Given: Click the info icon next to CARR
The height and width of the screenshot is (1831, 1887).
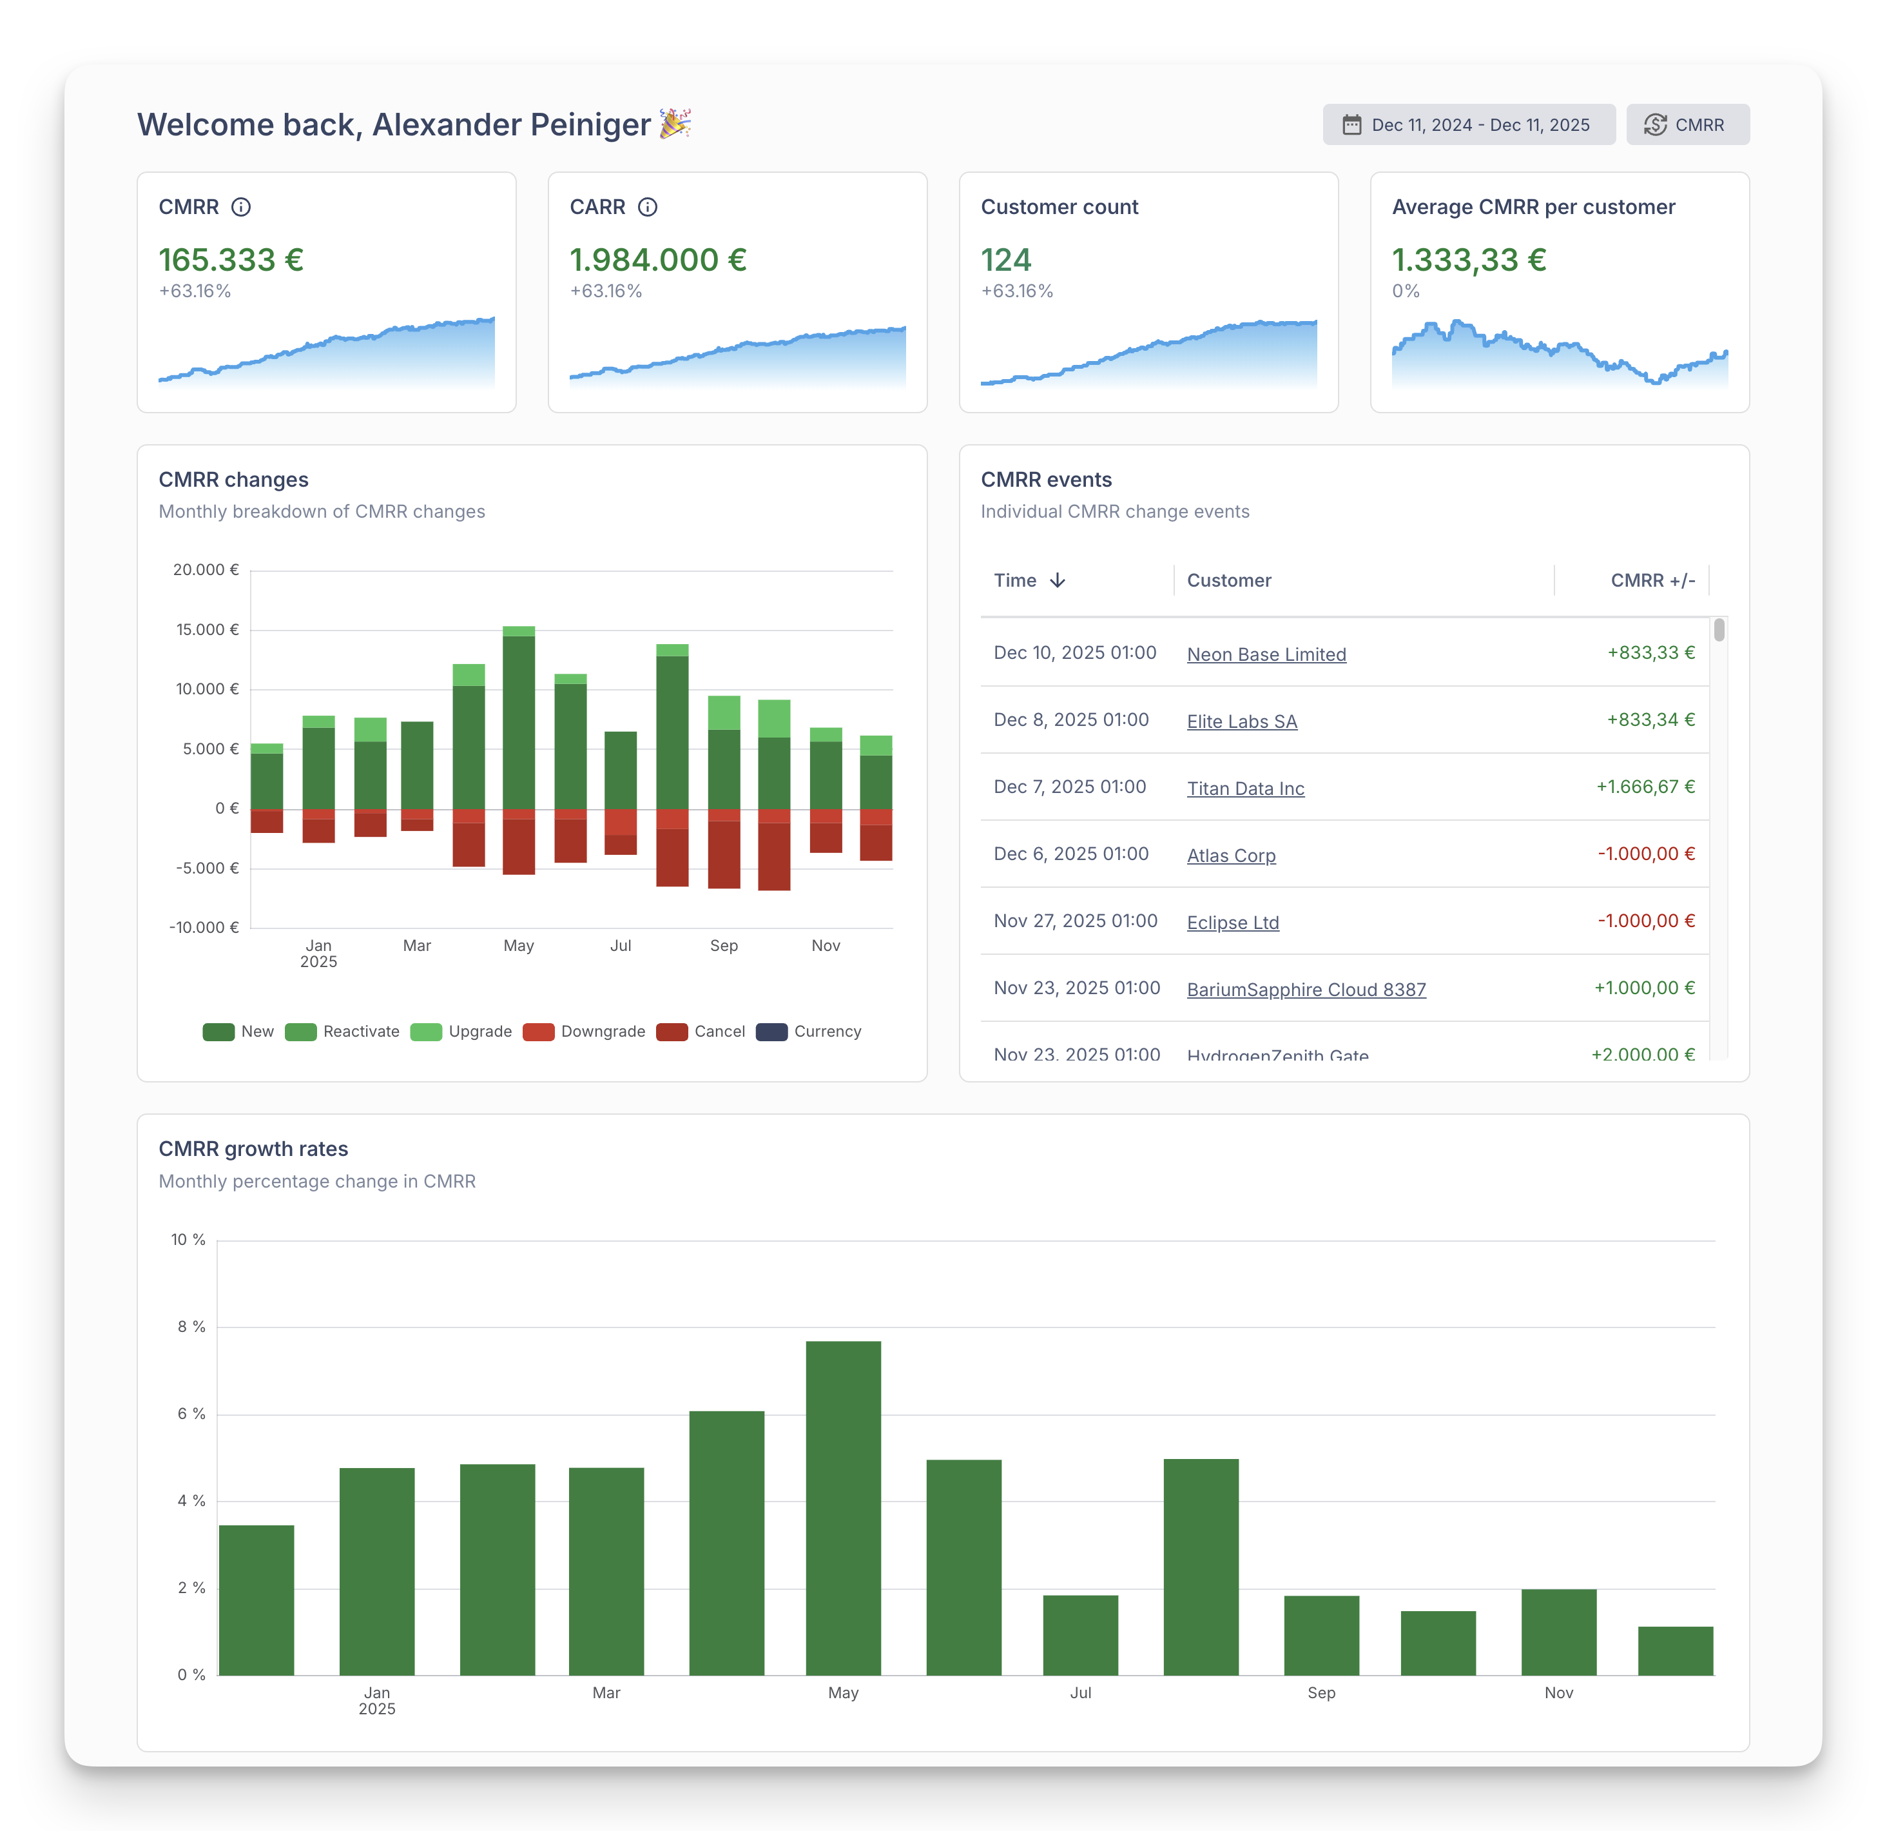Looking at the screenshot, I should [648, 207].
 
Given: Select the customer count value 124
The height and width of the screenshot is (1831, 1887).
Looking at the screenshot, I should [1006, 260].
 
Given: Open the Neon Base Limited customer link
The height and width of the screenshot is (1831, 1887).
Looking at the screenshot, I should [1266, 655].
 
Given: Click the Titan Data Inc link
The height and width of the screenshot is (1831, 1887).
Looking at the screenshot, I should [1245, 789].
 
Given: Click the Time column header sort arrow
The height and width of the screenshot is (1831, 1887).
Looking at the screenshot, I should [1057, 581].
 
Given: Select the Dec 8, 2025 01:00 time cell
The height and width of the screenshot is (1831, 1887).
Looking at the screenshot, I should [1070, 720].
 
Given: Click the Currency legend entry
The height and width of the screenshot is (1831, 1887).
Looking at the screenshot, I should [809, 1032].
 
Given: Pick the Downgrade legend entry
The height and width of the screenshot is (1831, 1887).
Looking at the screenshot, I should [585, 1032].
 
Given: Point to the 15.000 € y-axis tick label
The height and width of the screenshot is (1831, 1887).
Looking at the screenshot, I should [207, 630].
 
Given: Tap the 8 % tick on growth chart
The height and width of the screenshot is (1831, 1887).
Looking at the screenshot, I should [191, 1327].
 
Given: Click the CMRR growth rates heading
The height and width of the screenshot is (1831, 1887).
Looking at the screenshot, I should [253, 1149].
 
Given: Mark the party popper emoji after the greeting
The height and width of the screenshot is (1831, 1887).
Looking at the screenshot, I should [675, 123].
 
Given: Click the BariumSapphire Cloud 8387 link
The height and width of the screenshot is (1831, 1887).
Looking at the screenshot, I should [1306, 990].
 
